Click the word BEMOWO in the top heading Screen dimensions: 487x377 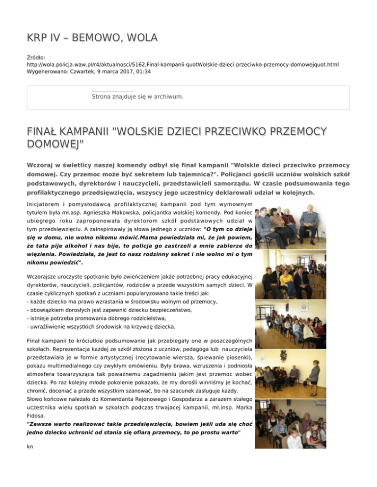pos(94,38)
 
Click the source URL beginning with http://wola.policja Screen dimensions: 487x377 pos(183,64)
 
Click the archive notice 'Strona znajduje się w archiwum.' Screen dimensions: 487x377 pos(137,97)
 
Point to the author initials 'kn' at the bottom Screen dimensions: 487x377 pos(30,433)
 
